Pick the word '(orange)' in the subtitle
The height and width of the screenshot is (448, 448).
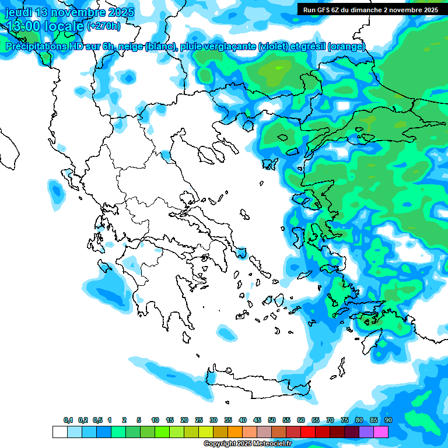346,47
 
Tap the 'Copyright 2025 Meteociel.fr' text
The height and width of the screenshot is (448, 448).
247,444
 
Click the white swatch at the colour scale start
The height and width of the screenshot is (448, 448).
60,432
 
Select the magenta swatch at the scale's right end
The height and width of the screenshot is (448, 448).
381,432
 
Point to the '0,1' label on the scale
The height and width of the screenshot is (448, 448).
68,420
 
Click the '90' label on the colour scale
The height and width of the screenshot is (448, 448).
388,420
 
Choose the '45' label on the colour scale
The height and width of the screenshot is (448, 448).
257,420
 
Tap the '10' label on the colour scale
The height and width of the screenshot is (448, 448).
155,420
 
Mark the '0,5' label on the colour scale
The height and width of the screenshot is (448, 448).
97,420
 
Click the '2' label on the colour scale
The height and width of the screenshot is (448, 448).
124,420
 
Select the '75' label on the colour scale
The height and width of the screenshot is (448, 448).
345,420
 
